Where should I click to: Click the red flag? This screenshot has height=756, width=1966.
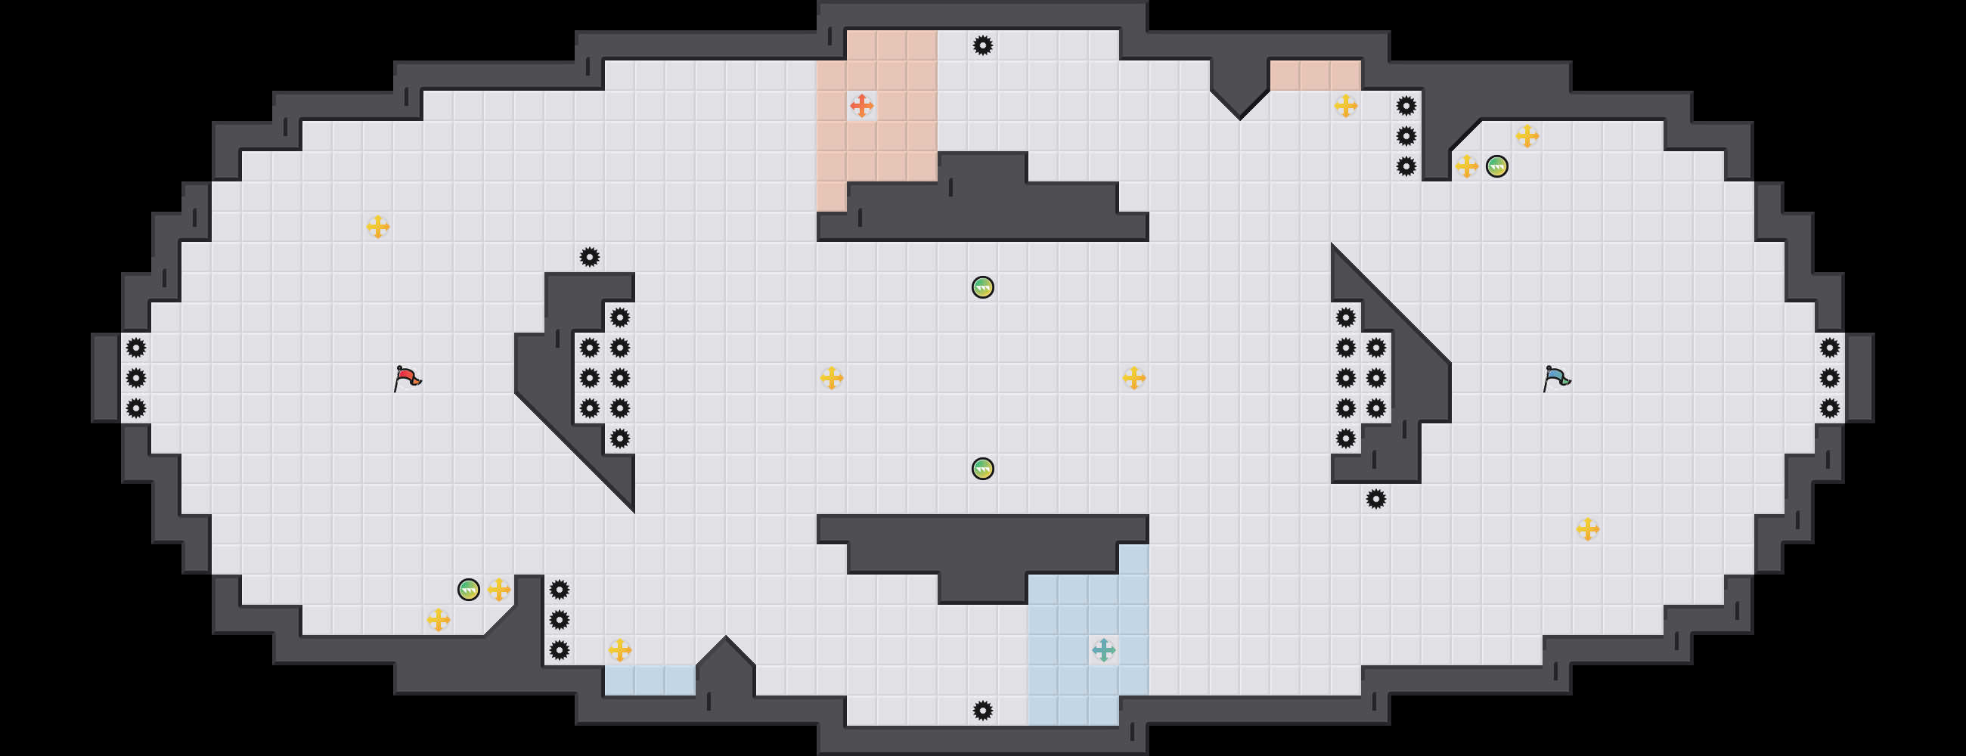click(407, 377)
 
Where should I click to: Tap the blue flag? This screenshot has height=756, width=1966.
click(1556, 377)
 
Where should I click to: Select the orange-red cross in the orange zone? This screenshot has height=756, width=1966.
click(862, 106)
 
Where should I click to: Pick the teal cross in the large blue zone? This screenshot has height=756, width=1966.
click(1103, 650)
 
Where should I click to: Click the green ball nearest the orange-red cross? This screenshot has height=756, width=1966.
click(983, 287)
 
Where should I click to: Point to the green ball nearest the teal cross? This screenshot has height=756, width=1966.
click(983, 469)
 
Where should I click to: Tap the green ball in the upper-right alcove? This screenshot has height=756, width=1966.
click(1496, 166)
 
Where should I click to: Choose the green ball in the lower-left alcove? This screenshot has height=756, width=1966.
click(469, 590)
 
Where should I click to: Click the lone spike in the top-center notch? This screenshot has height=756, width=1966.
click(983, 46)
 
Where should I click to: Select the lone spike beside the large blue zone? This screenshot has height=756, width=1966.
click(983, 711)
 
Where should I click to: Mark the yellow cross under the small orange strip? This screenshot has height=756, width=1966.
click(1345, 106)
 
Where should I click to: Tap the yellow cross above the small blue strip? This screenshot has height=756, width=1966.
click(620, 650)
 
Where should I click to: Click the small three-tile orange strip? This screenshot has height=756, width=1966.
click(1315, 76)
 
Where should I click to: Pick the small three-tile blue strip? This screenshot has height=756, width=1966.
click(650, 680)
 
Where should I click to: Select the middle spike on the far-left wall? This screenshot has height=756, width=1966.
click(136, 377)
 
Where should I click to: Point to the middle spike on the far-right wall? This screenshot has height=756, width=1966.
click(1829, 377)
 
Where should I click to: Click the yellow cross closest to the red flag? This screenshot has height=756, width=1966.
click(378, 227)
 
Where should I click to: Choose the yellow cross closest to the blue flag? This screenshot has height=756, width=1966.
click(1587, 528)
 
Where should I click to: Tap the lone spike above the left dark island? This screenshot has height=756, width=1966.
click(589, 257)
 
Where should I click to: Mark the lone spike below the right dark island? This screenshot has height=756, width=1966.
click(1375, 499)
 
